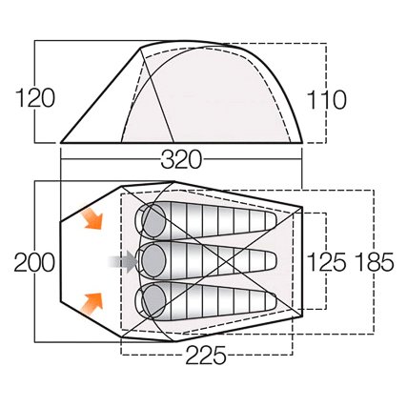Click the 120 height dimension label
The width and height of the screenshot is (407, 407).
pos(35,98)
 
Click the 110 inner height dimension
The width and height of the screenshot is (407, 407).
pos(326,100)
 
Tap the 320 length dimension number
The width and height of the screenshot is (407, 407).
pos(181,159)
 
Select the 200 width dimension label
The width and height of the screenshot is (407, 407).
pos(34,262)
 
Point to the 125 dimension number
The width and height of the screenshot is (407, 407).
pos(327,262)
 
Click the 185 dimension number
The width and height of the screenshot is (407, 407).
pos(375,262)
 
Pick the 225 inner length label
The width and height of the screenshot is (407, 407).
pos(206,355)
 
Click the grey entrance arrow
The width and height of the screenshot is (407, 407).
pos(123,261)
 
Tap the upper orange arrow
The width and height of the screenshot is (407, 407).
pos(92,218)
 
